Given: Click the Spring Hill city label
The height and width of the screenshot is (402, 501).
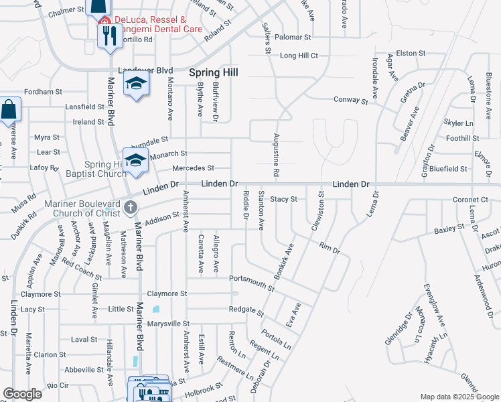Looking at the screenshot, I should coord(214,72).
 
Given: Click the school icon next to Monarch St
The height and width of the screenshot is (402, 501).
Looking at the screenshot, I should coord(135,160).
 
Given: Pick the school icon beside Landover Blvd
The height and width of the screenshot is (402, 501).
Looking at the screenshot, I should coord(137,84).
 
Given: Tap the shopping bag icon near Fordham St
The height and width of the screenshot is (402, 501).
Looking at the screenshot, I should coord(10,109).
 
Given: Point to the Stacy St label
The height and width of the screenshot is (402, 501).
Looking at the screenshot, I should coord(283,199).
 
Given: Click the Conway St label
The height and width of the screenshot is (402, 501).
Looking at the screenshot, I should coord(351,100).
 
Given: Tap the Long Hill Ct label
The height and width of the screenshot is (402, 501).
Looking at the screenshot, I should coord(299,56).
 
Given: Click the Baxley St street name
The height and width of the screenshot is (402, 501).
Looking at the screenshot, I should coord(449,229).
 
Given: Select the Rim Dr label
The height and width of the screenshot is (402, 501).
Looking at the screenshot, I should coord(330,249).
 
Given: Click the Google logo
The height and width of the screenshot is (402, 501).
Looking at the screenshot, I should coord(22,394).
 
